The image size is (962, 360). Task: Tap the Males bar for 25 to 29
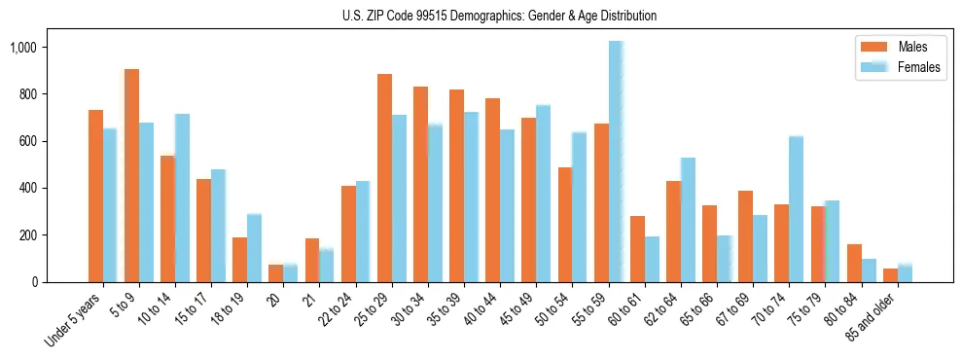[384, 178]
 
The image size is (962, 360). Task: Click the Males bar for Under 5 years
[95, 196]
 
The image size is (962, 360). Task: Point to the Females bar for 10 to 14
[182, 198]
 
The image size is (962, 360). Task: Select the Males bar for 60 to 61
[637, 249]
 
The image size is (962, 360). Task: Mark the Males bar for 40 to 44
[492, 190]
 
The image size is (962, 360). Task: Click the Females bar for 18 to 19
[254, 248]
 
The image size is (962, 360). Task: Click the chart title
[500, 16]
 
